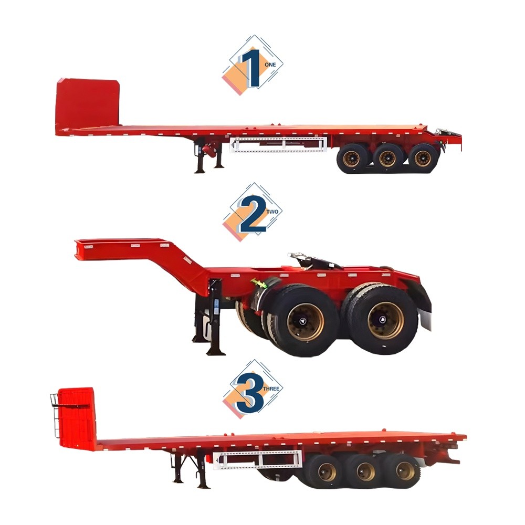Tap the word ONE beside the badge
coord(270,64)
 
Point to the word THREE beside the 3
coord(271,389)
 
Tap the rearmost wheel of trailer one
coord(423,158)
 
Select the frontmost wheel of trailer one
coord(351,158)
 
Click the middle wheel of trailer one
coord(387,158)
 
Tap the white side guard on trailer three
coord(257,459)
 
